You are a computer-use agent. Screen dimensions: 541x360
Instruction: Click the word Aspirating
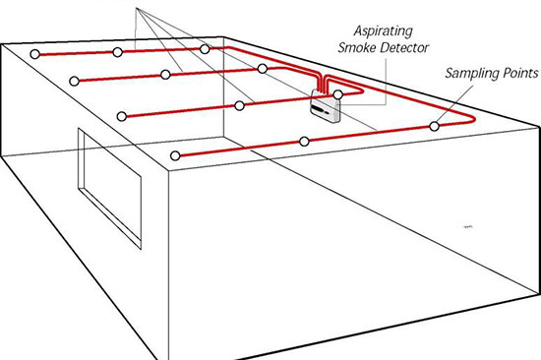[x=383, y=31]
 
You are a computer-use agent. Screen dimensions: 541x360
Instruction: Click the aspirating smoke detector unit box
[x=326, y=106]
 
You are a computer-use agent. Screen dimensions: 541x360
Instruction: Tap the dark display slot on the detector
[x=318, y=110]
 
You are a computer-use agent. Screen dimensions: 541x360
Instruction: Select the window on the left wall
[x=110, y=188]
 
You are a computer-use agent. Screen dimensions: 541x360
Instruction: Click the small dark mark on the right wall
[x=468, y=227]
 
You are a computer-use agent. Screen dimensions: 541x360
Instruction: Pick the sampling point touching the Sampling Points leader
[x=435, y=126]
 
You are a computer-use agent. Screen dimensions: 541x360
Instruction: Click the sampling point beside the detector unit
[x=337, y=94]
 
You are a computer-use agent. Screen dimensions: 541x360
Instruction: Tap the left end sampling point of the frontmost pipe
[x=175, y=155]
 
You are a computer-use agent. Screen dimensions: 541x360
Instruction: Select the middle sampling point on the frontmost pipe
[x=304, y=142]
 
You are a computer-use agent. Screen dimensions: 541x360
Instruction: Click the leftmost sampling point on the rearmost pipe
[x=34, y=54]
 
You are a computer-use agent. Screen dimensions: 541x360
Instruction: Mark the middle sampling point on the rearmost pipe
[x=118, y=52]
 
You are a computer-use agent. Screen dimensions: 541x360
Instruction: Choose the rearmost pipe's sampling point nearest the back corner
[x=205, y=49]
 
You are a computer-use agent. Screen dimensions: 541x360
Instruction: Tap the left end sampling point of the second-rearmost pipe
[x=74, y=81]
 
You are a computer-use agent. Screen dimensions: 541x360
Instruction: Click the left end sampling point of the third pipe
[x=121, y=116]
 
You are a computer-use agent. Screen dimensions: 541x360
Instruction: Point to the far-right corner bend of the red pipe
[x=473, y=119]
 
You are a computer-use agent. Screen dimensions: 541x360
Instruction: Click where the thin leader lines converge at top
[x=137, y=9]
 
